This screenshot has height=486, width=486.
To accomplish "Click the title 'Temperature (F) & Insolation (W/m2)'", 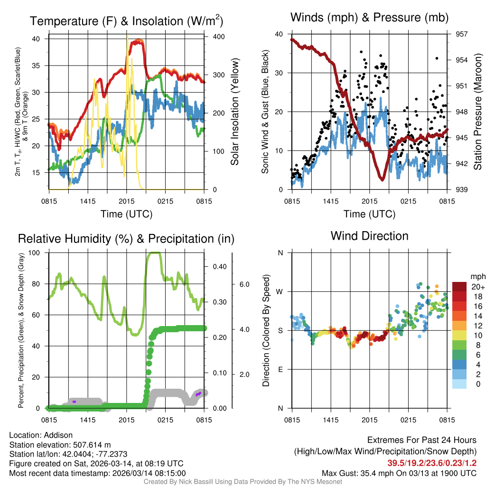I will [x=126, y=21].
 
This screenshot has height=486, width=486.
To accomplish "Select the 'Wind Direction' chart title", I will [x=369, y=236].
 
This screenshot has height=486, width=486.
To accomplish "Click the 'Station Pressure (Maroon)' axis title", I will [x=477, y=112].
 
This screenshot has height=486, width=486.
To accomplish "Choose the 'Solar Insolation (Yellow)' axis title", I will [x=234, y=112].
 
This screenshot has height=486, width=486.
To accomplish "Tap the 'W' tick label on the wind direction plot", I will [x=280, y=291].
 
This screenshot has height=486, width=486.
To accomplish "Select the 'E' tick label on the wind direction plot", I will [x=280, y=369].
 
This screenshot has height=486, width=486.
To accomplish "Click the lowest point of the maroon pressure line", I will [x=382, y=179].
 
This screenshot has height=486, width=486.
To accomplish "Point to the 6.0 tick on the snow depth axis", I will [x=243, y=284].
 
